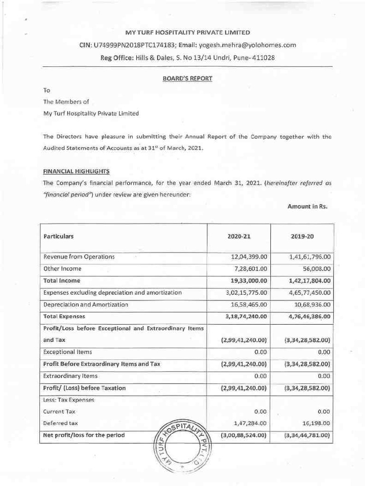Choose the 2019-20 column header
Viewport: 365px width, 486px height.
click(301, 236)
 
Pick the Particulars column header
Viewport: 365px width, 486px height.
click(58, 236)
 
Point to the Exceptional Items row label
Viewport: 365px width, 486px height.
click(67, 352)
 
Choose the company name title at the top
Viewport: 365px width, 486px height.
click(187, 33)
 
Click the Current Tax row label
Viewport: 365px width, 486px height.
click(59, 411)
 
